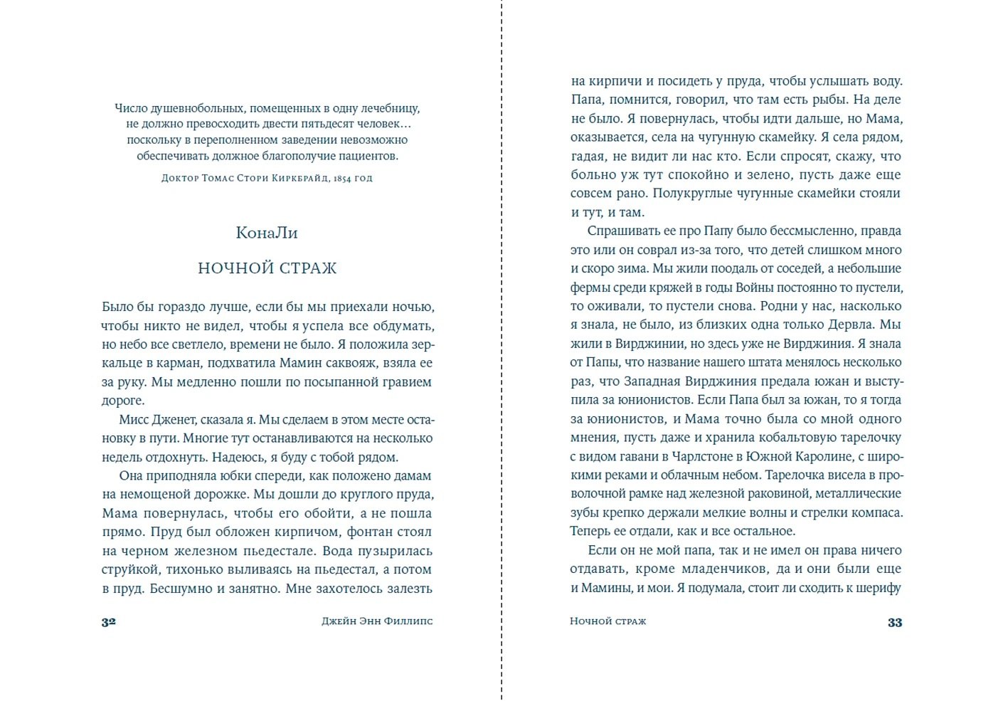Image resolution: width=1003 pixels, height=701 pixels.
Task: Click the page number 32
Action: pos(108,621)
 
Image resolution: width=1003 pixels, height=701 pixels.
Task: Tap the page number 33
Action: pos(895,622)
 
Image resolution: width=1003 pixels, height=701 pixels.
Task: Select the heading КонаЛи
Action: pos(267,233)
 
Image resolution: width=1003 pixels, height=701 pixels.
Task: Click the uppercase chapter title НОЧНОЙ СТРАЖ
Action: pos(267,268)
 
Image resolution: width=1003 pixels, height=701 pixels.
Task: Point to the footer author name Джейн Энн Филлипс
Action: pos(377,621)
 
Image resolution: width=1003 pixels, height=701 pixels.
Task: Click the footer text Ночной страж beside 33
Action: pos(608,621)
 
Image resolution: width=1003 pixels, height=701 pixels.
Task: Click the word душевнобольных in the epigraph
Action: pos(196,108)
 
